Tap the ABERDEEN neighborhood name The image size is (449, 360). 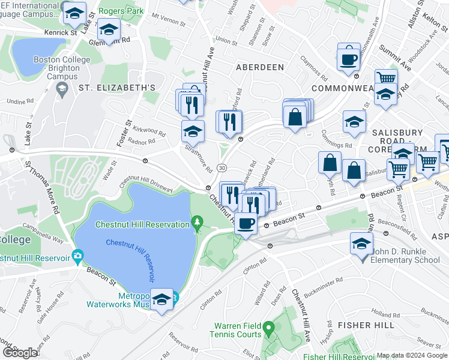tap(260, 67)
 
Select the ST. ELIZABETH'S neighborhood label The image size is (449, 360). tap(117, 88)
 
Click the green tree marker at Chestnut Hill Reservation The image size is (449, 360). tap(197, 224)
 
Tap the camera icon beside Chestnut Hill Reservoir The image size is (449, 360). tap(77, 257)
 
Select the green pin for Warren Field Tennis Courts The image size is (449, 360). tap(270, 328)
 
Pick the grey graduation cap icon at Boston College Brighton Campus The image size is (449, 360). tap(61, 89)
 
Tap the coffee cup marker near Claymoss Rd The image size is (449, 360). tap(348, 59)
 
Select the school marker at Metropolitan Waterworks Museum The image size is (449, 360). tap(161, 299)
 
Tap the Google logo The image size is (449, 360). tap(20, 352)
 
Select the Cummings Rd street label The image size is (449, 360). tap(336, 145)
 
